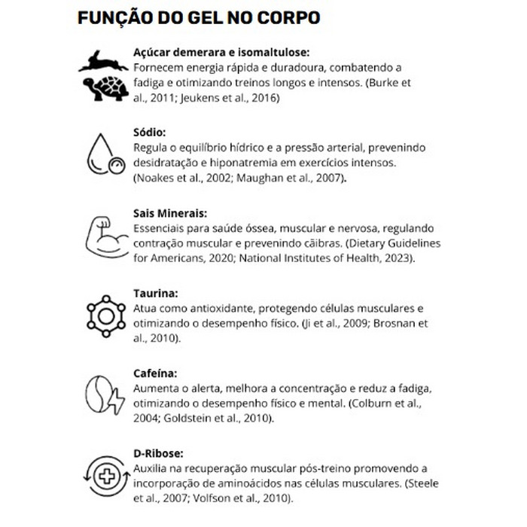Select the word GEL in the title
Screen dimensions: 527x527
point(192,17)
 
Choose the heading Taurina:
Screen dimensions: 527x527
point(155,294)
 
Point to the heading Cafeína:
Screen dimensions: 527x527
point(154,374)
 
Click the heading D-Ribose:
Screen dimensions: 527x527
point(158,454)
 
